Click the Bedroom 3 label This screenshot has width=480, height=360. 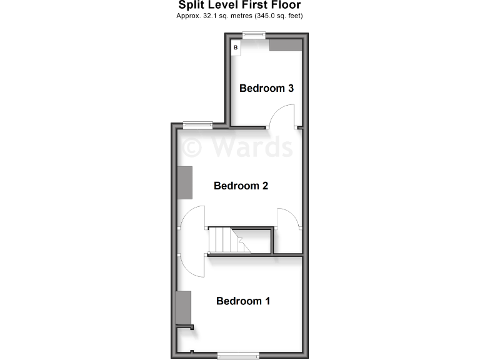point(266,88)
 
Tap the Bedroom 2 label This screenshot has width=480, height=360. point(241,186)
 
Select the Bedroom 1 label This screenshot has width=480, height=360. point(243,301)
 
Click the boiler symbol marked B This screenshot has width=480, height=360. point(236,47)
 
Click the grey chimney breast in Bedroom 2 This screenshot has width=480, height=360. point(185,183)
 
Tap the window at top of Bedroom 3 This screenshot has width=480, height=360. point(254,35)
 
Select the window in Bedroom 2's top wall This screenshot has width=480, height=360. point(197,124)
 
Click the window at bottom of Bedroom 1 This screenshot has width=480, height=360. point(238,356)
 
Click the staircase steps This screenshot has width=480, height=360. point(224,240)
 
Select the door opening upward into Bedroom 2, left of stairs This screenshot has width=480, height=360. point(194,218)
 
